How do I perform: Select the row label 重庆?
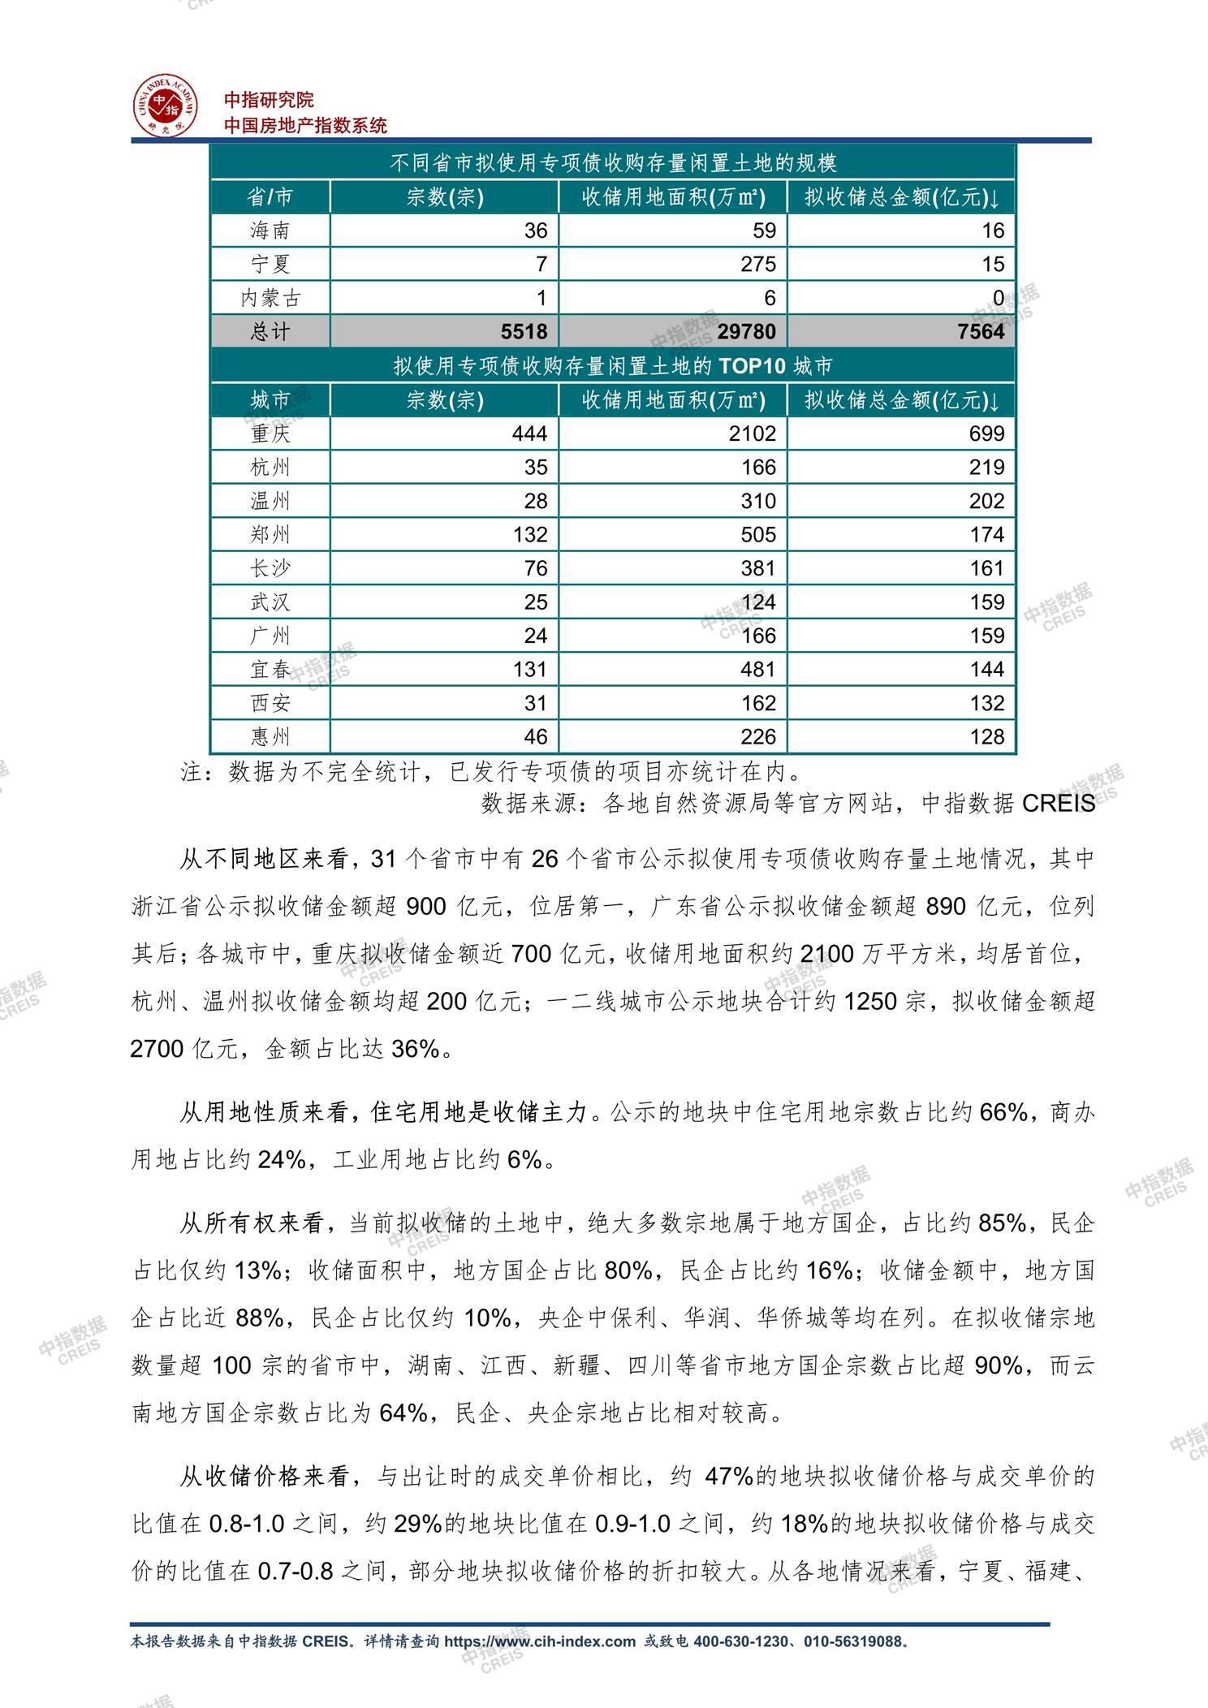pyautogui.click(x=270, y=433)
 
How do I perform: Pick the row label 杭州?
pyautogui.click(x=270, y=468)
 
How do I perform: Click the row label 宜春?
pyautogui.click(x=270, y=670)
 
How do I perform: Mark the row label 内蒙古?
pyautogui.click(x=270, y=298)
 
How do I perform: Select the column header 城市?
pyautogui.click(x=270, y=400)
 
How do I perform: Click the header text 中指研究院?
pyautogui.click(x=269, y=100)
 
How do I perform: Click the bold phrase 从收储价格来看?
pyautogui.click(x=264, y=1476)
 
